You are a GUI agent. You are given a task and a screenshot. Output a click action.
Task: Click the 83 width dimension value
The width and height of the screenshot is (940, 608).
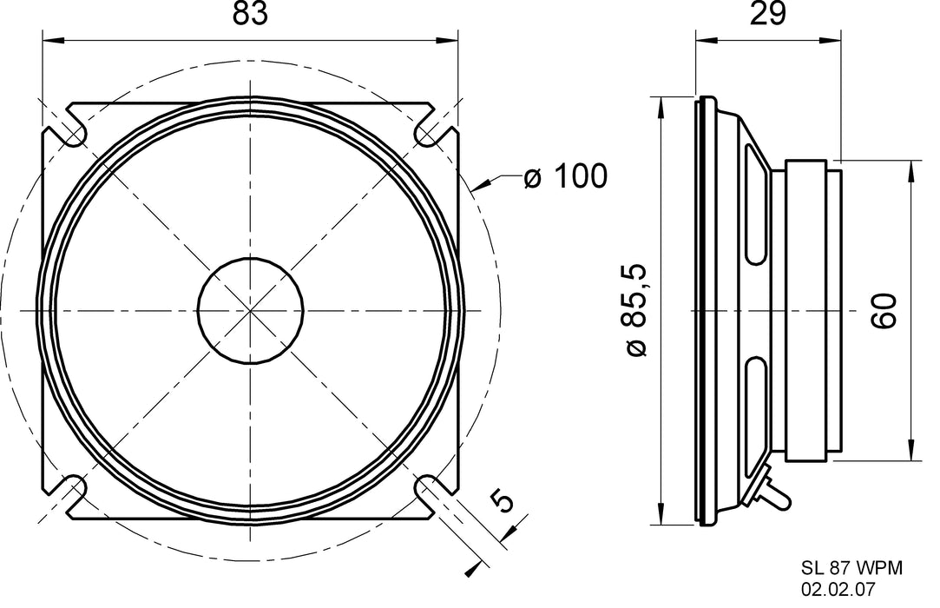251,15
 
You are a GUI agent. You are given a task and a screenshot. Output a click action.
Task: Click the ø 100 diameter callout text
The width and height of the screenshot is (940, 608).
564,177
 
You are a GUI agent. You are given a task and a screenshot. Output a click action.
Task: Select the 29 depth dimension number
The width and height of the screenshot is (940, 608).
766,15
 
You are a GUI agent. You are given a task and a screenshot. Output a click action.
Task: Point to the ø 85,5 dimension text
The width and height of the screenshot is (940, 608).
636,311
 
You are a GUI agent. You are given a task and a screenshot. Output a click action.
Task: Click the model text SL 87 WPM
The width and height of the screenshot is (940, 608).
851,567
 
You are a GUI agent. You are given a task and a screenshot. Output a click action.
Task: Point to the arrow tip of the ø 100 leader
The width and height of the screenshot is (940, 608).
474,187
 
